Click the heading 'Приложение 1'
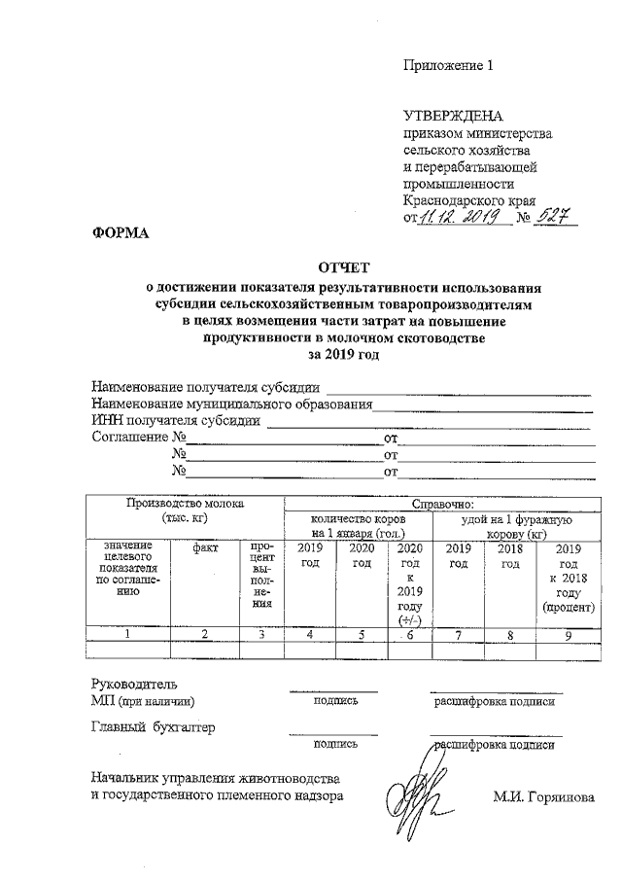click(x=449, y=66)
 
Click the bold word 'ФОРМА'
click(x=118, y=233)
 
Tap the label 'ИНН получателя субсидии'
click(x=176, y=421)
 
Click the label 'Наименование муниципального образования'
click(x=232, y=405)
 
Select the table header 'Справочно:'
click(x=443, y=504)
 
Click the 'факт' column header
click(x=205, y=548)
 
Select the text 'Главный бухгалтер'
click(x=153, y=725)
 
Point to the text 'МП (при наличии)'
click(x=143, y=700)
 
